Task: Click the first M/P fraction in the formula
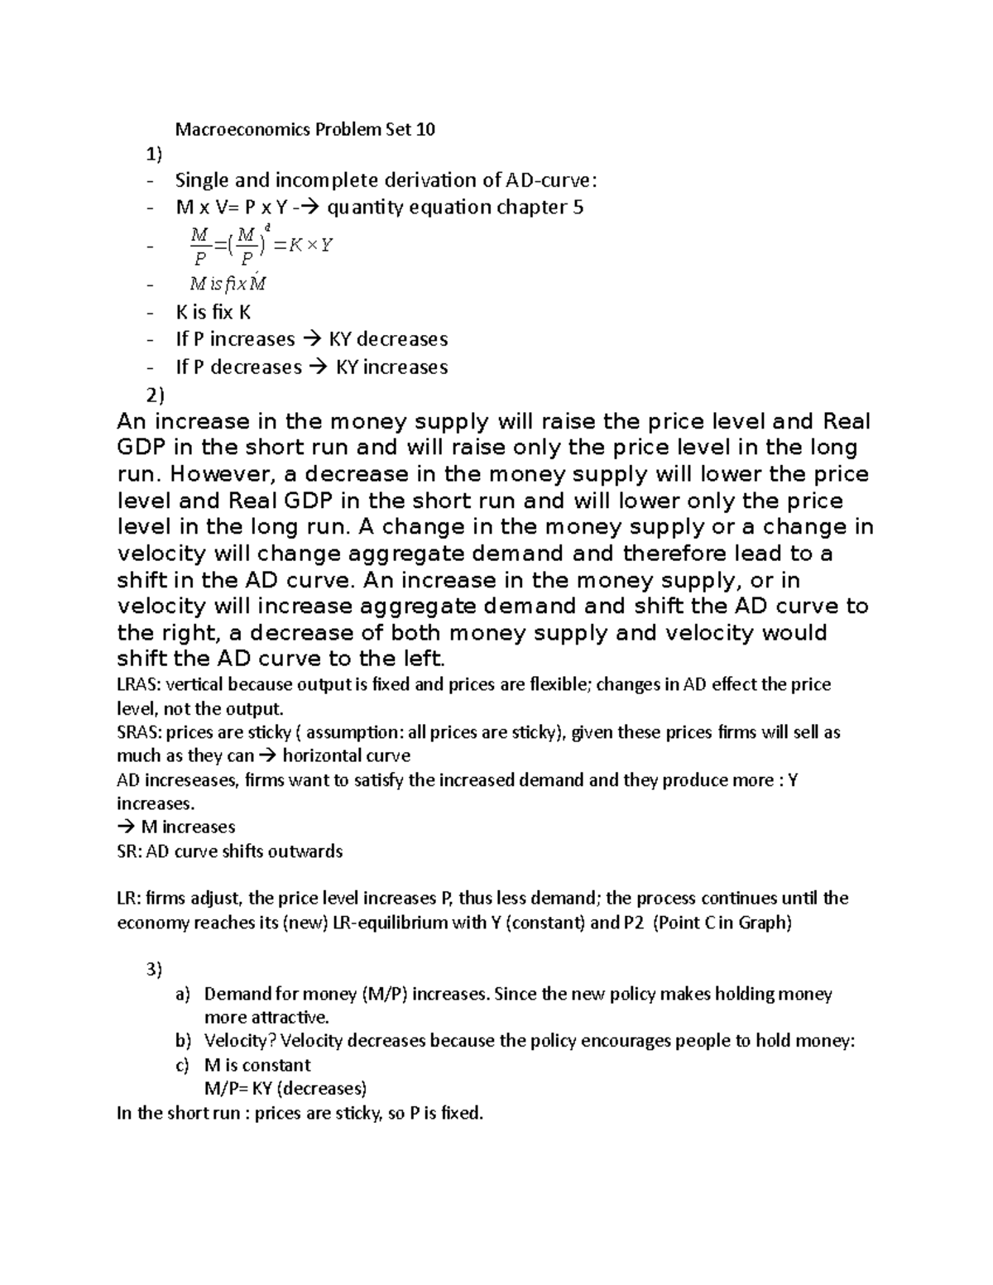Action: point(199,245)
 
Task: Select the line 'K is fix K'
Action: point(213,313)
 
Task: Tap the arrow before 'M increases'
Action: point(126,827)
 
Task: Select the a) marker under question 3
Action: point(183,994)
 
